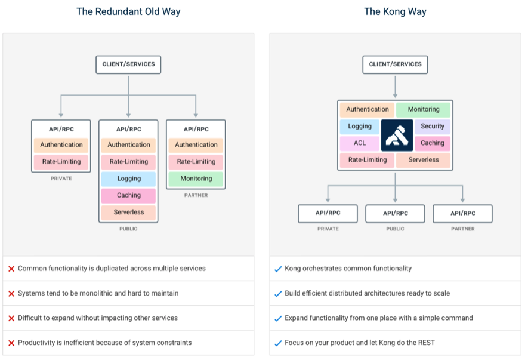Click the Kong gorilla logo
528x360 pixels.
click(x=397, y=135)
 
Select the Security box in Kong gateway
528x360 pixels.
click(x=433, y=127)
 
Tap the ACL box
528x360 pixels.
click(x=360, y=143)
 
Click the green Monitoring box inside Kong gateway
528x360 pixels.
click(x=423, y=109)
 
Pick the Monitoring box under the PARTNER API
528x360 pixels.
click(x=196, y=179)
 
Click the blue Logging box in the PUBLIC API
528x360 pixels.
click(x=129, y=179)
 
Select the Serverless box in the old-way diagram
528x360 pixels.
click(x=129, y=213)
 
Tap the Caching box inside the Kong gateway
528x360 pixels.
click(x=433, y=143)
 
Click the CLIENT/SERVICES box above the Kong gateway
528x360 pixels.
click(x=395, y=64)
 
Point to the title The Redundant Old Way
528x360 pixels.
click(x=128, y=11)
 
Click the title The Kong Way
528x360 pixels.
click(x=395, y=11)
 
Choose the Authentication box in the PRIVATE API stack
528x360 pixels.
click(x=61, y=145)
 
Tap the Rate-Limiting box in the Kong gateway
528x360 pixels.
click(x=367, y=160)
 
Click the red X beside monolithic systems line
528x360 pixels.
click(x=11, y=294)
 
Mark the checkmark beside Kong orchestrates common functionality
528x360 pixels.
click(x=278, y=269)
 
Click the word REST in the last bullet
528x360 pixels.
click(x=426, y=343)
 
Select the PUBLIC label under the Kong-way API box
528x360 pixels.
click(x=395, y=229)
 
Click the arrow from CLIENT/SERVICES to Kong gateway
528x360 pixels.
click(x=395, y=87)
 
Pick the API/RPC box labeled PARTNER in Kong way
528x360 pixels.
click(x=463, y=213)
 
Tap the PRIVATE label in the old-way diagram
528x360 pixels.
click(x=61, y=179)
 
